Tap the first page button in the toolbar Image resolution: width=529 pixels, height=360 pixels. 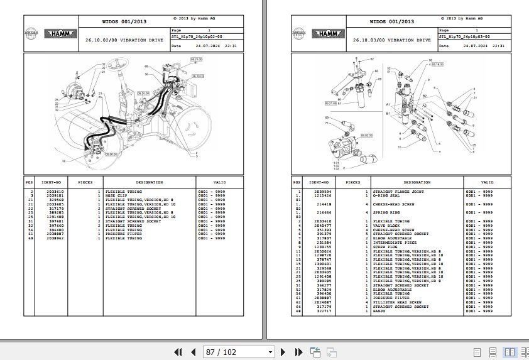pyautogui.click(x=178, y=352)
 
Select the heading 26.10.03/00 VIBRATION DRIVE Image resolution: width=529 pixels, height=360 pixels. pyautogui.click(x=391, y=40)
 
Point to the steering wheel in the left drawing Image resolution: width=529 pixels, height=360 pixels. pyautogui.click(x=119, y=62)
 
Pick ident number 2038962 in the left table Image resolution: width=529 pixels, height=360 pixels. pyautogui.click(x=54, y=238)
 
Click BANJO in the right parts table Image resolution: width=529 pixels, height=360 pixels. pyautogui.click(x=379, y=311)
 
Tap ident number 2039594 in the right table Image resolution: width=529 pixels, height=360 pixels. pyautogui.click(x=322, y=191)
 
